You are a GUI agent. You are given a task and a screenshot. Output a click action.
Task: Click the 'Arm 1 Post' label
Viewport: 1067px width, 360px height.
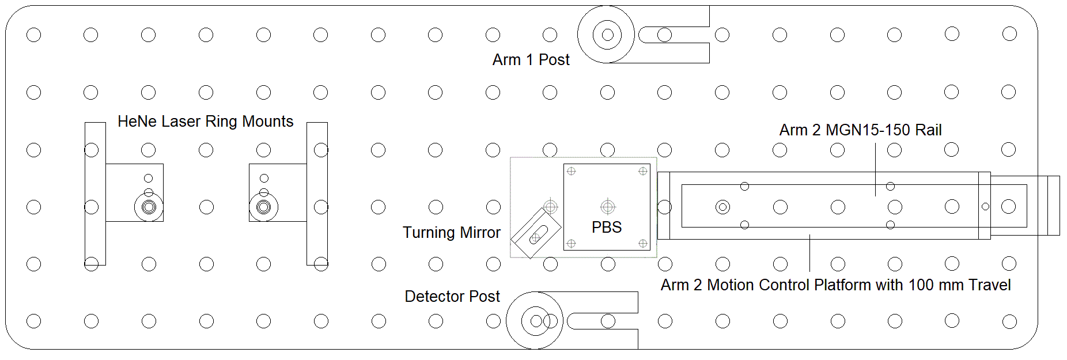(531, 60)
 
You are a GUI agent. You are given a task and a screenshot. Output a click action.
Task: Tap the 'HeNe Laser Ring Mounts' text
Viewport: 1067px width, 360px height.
(205, 122)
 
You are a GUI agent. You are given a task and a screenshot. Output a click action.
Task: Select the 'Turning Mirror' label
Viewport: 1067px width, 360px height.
(451, 233)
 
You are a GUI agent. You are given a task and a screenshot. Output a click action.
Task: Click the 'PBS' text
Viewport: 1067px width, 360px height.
(607, 228)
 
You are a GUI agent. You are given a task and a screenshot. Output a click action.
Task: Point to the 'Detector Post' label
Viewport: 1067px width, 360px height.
(452, 297)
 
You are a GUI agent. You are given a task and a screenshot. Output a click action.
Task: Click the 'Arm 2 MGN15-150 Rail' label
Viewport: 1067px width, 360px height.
(860, 130)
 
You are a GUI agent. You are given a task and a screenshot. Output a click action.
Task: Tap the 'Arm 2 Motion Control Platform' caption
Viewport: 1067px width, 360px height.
(835, 285)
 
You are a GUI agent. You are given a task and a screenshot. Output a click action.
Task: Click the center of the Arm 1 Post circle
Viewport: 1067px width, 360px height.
(607, 35)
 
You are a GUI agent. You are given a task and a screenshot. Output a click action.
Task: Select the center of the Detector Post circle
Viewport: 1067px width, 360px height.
(536, 321)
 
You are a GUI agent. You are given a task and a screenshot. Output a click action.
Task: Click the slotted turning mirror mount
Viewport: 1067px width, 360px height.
(536, 233)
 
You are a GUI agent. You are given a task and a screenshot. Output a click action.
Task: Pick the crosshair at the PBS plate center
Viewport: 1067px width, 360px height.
(608, 206)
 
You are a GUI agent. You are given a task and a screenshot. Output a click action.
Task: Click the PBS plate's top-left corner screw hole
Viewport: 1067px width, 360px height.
(572, 171)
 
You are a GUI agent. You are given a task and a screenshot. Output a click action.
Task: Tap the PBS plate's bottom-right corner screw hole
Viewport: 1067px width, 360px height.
(643, 243)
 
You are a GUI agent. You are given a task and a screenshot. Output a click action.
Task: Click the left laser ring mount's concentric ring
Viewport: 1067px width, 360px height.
(149, 207)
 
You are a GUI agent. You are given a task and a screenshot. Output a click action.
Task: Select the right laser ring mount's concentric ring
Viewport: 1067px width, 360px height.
(264, 207)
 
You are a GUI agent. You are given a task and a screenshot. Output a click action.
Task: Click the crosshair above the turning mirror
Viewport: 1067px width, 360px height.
(551, 206)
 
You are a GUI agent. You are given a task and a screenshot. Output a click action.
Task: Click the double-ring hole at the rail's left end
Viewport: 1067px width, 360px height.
(722, 207)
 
